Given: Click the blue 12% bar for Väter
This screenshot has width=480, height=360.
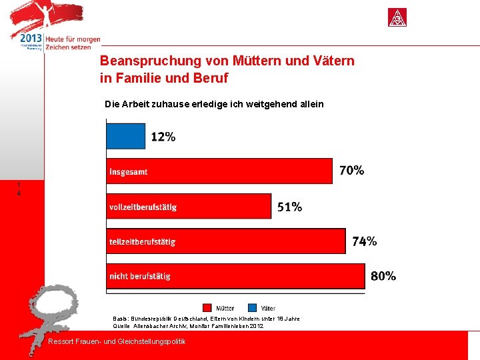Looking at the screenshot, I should coord(125,136).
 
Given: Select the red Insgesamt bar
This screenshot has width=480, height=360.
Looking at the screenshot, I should coord(219,171).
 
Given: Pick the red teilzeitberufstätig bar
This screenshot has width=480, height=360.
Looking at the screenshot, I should coord(226,241).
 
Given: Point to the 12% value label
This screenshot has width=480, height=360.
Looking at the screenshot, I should coord(163,137).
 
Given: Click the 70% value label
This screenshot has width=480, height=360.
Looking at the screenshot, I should coord(352,171).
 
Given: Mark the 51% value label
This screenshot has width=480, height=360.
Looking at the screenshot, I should coord(290,207).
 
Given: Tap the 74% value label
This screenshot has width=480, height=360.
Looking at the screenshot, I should coord(365,241).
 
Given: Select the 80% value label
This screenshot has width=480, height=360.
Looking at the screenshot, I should coord(383,276).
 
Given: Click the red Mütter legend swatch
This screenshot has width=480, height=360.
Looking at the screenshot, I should coord(207,308).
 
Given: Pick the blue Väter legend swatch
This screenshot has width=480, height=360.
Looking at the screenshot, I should coord(252,308).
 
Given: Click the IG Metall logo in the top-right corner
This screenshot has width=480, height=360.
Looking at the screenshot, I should coord(397,18).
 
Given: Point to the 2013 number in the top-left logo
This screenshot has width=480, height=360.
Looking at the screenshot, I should coord(31,39).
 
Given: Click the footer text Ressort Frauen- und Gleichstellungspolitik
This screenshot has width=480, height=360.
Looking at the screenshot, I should coord(117,342).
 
